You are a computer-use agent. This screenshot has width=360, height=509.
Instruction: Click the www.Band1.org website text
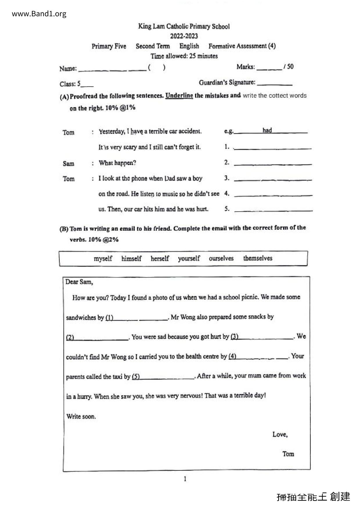click(x=39, y=14)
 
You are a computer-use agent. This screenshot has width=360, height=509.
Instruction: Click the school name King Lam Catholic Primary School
click(x=184, y=26)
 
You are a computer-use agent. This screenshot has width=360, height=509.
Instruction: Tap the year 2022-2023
click(x=184, y=36)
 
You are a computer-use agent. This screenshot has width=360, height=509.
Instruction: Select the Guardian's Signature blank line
click(x=274, y=84)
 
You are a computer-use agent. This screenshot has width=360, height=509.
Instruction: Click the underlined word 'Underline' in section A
click(x=179, y=95)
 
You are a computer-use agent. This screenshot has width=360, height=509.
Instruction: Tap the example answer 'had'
click(x=267, y=130)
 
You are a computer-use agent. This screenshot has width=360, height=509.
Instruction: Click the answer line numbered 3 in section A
click(x=273, y=179)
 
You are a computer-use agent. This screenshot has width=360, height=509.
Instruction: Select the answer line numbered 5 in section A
click(x=273, y=210)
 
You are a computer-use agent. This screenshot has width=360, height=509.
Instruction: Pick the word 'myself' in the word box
click(x=103, y=258)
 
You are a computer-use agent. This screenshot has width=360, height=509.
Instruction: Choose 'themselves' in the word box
click(x=258, y=258)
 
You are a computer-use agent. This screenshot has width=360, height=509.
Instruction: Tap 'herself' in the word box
click(x=160, y=258)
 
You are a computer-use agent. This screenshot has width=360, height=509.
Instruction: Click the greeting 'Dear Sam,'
click(x=79, y=282)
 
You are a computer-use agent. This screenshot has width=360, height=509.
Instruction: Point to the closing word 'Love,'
click(x=280, y=434)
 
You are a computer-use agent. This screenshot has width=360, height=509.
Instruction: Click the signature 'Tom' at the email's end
click(x=288, y=454)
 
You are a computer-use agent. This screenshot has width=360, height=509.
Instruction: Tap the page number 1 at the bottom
click(x=185, y=479)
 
